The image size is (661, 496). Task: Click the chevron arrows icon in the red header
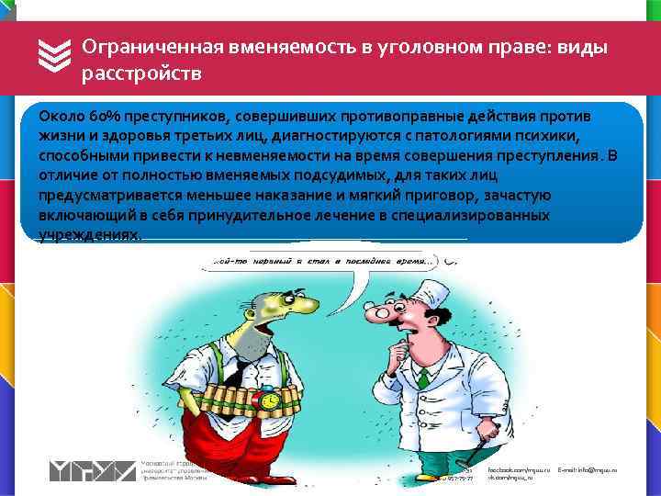(x=56, y=58)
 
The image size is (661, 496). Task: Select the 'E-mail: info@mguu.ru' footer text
(x=588, y=469)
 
